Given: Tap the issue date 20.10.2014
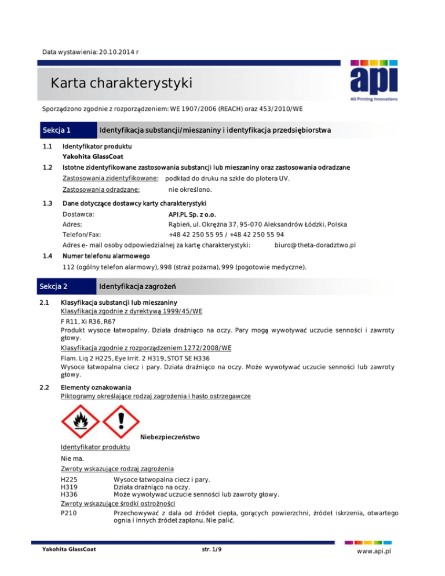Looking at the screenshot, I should (116, 52).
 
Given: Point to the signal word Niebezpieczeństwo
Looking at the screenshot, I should (171, 437).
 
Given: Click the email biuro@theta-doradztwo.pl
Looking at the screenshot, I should (313, 245).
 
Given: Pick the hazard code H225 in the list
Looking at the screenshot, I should (70, 479).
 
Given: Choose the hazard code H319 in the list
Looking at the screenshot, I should (70, 487).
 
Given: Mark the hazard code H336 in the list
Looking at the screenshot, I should (70, 494).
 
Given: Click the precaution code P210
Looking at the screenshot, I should (70, 512).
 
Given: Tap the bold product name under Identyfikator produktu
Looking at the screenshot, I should (93, 156).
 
